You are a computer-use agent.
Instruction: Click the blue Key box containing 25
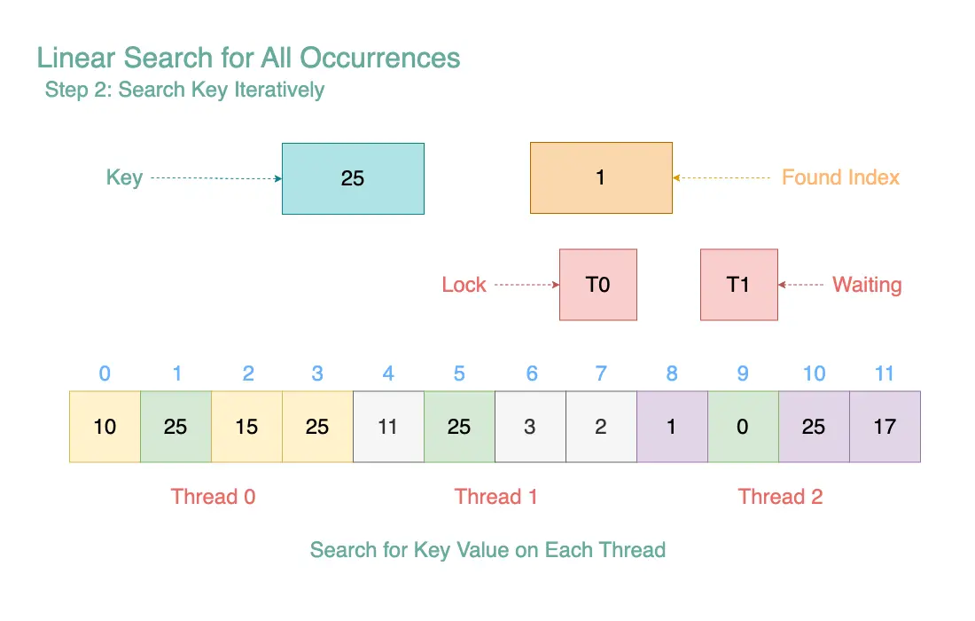[x=353, y=178]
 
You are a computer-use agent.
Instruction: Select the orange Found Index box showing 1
[x=601, y=178]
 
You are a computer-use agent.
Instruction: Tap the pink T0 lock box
[x=598, y=285]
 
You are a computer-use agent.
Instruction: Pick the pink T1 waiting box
[x=739, y=285]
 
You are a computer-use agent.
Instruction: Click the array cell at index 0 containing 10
[x=105, y=427]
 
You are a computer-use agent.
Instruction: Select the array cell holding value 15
[x=247, y=427]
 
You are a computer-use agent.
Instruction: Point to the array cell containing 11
[x=388, y=427]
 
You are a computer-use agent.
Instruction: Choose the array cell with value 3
[x=530, y=427]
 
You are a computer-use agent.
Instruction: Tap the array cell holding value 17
[x=885, y=427]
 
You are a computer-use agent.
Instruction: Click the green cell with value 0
[x=743, y=427]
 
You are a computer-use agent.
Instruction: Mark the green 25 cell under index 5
[x=459, y=427]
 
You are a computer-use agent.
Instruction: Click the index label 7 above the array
[x=601, y=373]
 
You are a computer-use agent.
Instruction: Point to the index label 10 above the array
[x=814, y=373]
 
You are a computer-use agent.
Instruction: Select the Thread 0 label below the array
[x=214, y=497]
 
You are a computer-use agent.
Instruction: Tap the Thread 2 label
[x=780, y=497]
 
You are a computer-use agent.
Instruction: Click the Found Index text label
[x=840, y=177]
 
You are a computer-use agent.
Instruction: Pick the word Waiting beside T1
[x=868, y=285]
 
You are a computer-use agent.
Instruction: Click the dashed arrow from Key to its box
[x=216, y=178]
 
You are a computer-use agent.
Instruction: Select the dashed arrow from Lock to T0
[x=526, y=285]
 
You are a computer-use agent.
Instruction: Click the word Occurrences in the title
[x=380, y=58]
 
